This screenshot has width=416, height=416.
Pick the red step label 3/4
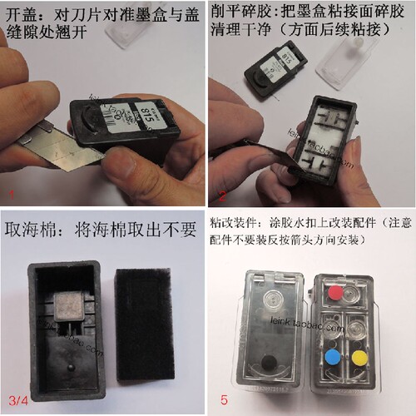pos(17,400)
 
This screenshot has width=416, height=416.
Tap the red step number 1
pos(9,195)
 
